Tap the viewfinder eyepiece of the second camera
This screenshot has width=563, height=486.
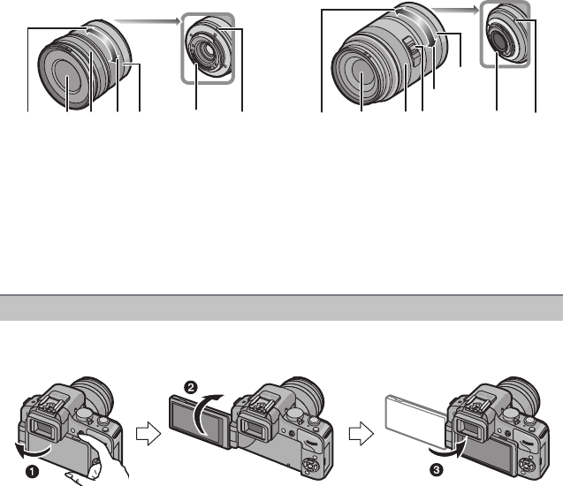coord(255,430)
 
